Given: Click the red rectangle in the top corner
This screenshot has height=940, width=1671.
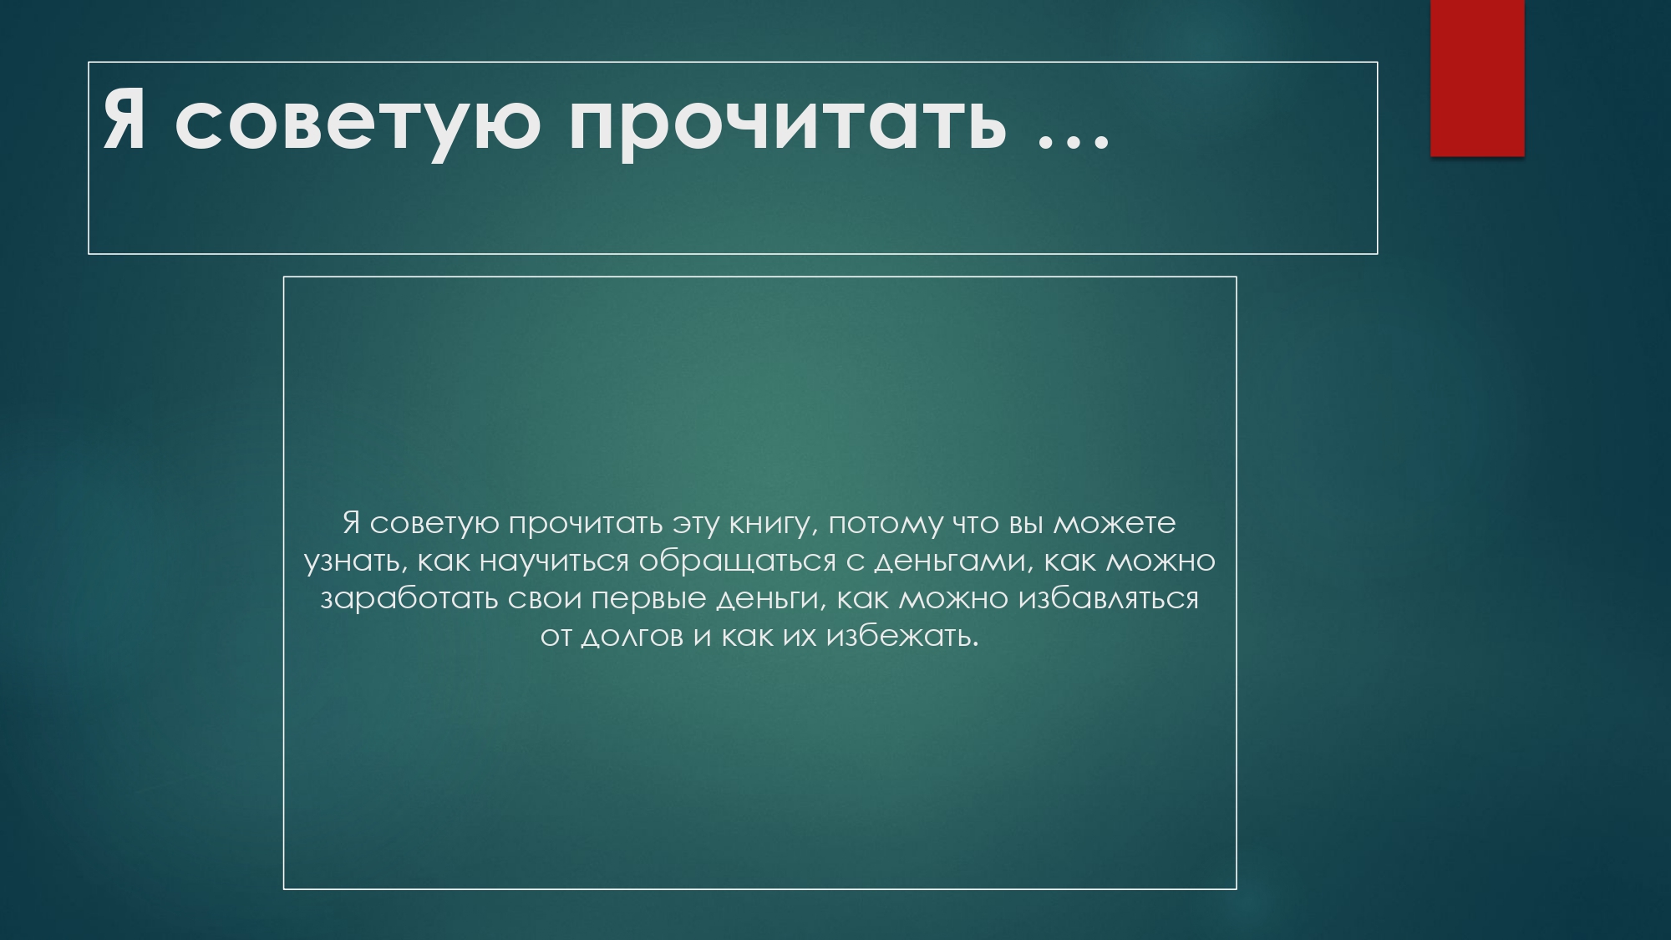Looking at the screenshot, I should pyautogui.click(x=1477, y=78).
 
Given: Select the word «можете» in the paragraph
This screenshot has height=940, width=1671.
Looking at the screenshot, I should pyautogui.click(x=1114, y=524).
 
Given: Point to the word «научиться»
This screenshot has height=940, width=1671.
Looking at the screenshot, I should pyautogui.click(x=554, y=561).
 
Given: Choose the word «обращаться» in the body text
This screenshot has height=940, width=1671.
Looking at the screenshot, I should pyautogui.click(x=737, y=561).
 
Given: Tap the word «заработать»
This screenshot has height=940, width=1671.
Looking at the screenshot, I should pyautogui.click(x=409, y=599).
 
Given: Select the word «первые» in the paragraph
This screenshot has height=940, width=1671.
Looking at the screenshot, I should pyautogui.click(x=648, y=599).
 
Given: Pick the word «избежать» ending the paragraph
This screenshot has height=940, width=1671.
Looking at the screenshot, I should pyautogui.click(x=902, y=637).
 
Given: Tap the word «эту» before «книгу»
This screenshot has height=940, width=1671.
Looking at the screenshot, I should pyautogui.click(x=696, y=524).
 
